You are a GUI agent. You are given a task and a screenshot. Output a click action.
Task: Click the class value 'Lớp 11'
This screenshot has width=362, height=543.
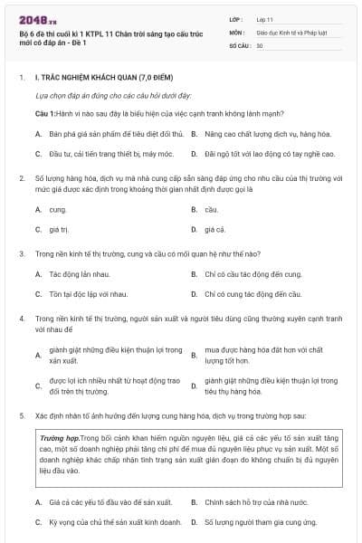pos(266,19)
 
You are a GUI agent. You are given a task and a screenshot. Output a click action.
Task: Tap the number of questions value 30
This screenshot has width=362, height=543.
pos(260,44)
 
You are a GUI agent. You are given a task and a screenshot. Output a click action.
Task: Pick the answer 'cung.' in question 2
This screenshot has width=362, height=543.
pos(57,209)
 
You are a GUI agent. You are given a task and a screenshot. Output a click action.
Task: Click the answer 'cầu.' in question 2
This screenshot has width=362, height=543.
pos(211,209)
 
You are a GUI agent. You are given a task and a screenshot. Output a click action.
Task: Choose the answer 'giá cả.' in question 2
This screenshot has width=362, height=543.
pos(214,230)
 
